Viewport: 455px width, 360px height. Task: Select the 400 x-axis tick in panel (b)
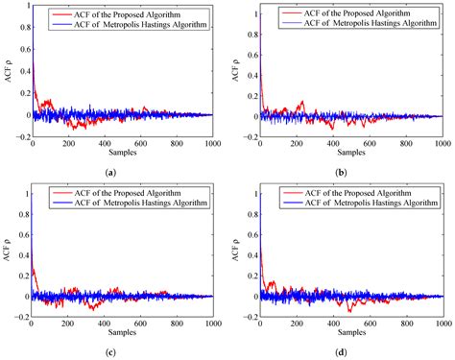332,143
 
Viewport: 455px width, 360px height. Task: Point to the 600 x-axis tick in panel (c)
140,322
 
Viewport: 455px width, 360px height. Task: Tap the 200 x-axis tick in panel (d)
297,322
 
